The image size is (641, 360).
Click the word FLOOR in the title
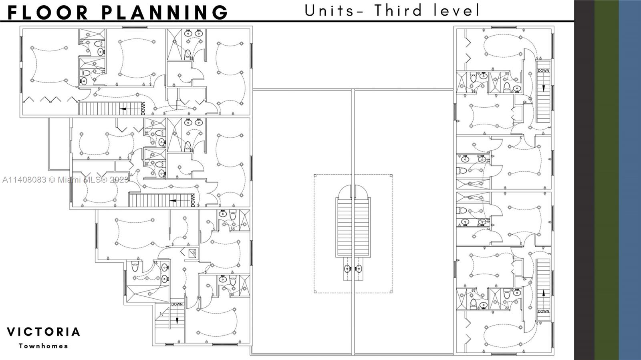[x=48, y=12]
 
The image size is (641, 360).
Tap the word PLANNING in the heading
[x=165, y=12]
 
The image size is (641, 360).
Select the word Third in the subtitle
[x=398, y=10]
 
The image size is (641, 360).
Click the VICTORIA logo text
[x=43, y=332]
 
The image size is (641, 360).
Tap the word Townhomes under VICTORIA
[x=43, y=346]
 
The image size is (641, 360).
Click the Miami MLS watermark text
[x=65, y=179]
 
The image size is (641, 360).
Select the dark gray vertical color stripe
[x=585, y=180]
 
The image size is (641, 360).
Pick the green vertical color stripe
[x=607, y=180]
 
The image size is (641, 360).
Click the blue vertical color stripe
[x=630, y=180]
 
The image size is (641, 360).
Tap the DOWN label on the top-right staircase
[x=543, y=70]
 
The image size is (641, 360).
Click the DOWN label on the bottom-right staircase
[x=543, y=312]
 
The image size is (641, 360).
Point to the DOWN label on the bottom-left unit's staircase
[x=177, y=304]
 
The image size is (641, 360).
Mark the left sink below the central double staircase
[x=347, y=269]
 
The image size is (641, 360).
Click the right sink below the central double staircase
[x=359, y=269]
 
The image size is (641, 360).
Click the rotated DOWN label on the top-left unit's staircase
[x=143, y=109]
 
